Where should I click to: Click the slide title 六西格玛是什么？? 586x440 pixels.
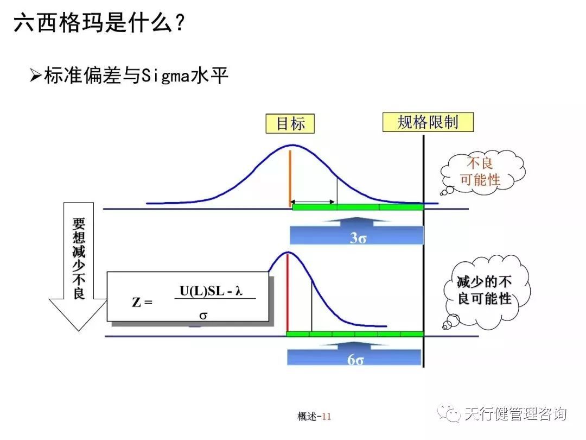(100, 23)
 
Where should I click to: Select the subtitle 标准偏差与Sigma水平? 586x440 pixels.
(136, 76)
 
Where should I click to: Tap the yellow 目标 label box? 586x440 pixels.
(290, 124)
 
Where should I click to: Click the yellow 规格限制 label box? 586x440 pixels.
(428, 122)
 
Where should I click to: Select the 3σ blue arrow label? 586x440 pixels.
(357, 237)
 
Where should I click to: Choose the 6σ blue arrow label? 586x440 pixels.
(355, 360)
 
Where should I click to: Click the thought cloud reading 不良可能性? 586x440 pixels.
(481, 171)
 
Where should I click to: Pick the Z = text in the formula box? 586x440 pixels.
(142, 302)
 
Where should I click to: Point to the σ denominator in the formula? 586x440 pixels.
(203, 315)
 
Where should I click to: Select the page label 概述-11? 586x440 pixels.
(314, 417)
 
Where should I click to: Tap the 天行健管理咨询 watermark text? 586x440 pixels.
(515, 414)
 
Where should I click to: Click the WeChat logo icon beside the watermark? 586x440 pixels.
(450, 414)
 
